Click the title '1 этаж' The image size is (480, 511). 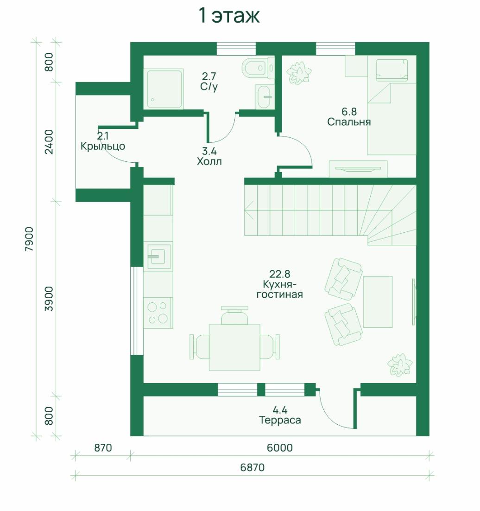tap(229, 16)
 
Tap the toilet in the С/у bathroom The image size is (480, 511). tap(259, 68)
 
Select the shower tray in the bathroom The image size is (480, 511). tap(164, 88)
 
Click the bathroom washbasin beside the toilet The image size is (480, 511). tap(265, 96)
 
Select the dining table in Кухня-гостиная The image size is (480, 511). tap(234, 347)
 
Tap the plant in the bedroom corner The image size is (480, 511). tap(299, 72)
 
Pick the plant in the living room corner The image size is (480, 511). tap(400, 364)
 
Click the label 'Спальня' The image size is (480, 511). tap(349, 122)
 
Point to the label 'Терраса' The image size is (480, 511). tap(280, 420)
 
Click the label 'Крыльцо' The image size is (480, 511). tap(103, 146)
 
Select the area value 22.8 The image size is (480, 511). tap(280, 274)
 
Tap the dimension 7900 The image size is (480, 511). tap(29, 239)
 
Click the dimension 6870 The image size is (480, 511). tap(253, 467)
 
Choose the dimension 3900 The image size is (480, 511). tap(49, 299)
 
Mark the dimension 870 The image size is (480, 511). tap(103, 448)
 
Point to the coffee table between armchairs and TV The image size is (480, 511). tap(378, 302)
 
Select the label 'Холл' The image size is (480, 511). tap(209, 161)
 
